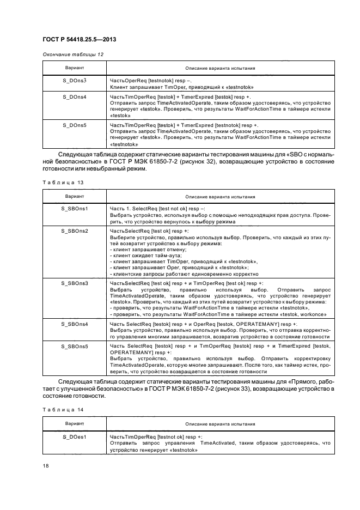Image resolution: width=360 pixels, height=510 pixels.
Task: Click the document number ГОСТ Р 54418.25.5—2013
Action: click(x=80, y=40)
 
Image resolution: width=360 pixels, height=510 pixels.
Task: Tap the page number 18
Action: click(x=46, y=465)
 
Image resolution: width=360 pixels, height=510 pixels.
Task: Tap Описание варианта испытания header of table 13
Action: click(x=220, y=196)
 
